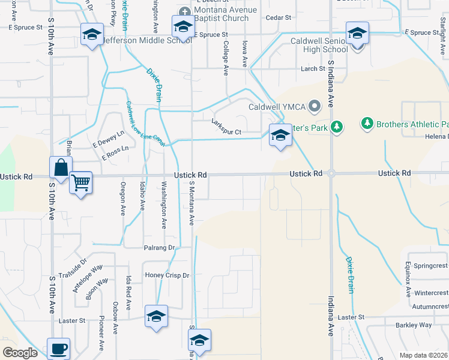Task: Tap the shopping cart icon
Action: [80, 182]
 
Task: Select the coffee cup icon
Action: [59, 349]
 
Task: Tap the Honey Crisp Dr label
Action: [167, 275]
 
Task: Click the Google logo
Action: [20, 353]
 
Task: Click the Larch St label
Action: [313, 69]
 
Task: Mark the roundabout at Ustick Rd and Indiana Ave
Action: [331, 173]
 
